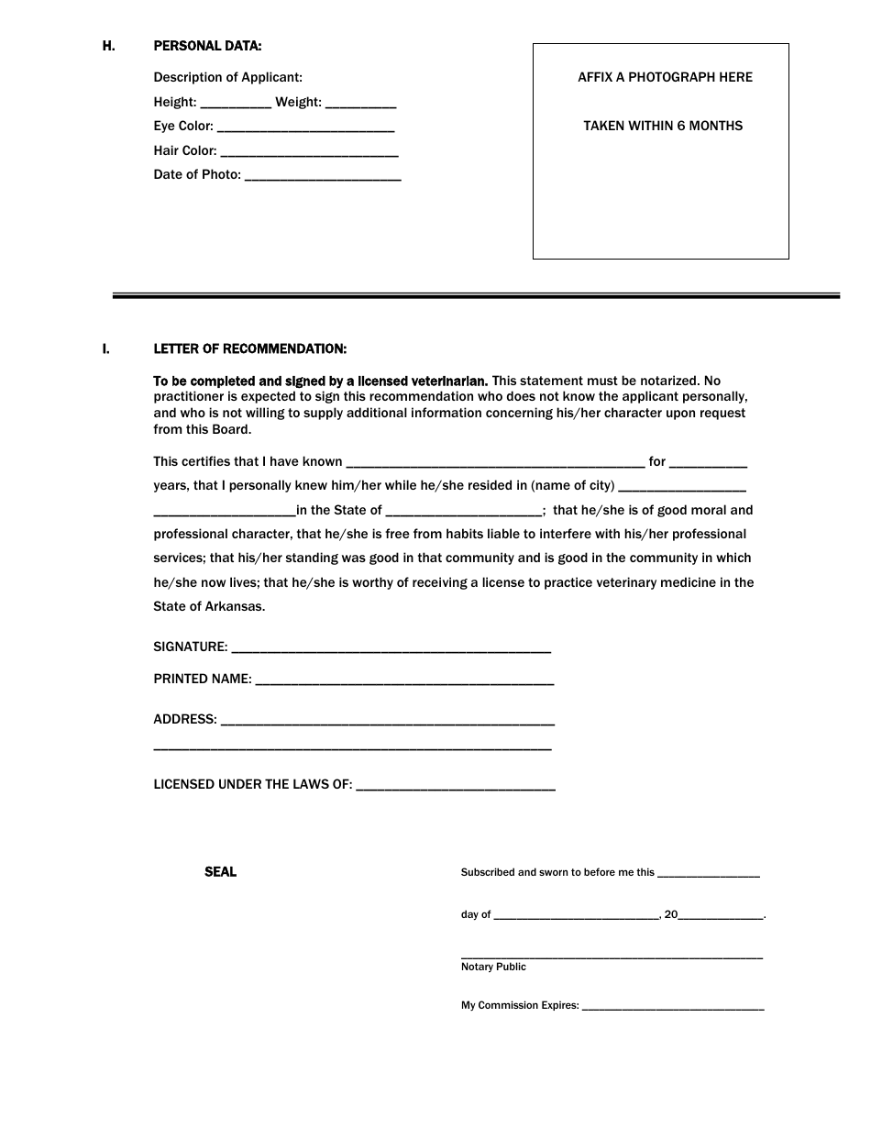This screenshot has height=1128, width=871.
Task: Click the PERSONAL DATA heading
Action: (207, 46)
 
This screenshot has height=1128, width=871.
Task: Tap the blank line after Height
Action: (235, 104)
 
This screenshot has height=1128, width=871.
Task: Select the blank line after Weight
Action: (360, 104)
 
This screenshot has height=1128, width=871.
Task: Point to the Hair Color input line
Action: (310, 152)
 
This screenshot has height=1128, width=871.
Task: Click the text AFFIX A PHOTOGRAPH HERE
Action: (665, 78)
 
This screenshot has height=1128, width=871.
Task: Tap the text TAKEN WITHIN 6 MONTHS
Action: (663, 126)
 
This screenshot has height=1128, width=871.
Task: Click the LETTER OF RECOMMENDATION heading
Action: (249, 349)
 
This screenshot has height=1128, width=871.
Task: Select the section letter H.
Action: (108, 46)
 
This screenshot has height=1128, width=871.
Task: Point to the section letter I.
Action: (106, 349)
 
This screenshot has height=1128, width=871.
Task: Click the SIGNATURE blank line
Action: (391, 648)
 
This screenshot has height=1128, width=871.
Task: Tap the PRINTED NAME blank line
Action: (403, 680)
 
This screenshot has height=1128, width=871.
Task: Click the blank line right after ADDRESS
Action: (388, 721)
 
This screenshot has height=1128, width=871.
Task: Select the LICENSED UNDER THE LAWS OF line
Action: (455, 786)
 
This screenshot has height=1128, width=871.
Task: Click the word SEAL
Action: (220, 872)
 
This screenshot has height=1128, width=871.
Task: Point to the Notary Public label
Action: (493, 967)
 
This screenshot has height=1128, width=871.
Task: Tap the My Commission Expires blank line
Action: (673, 1007)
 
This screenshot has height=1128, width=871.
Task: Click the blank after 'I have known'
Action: (495, 463)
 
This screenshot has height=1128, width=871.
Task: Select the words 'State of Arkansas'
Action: (208, 606)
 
